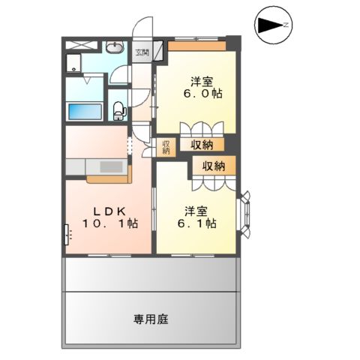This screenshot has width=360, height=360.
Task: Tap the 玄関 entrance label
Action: click(x=142, y=52)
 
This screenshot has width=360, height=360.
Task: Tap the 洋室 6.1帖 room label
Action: click(x=200, y=217)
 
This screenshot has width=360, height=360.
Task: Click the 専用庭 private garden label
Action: click(x=152, y=319)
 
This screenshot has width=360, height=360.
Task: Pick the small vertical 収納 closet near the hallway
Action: click(x=165, y=146)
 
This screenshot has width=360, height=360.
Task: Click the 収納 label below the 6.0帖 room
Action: click(x=200, y=144)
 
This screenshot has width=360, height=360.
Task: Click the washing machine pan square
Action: click(x=76, y=64)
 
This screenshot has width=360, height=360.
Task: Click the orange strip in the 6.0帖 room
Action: click(x=196, y=45)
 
